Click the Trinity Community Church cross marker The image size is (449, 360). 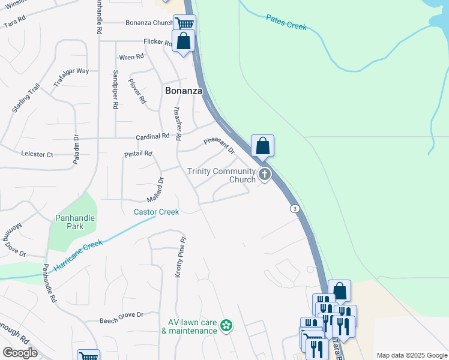pyautogui.click(x=265, y=175)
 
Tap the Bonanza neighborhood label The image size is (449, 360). pyautogui.click(x=184, y=91)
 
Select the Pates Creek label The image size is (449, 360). pyautogui.click(x=286, y=23)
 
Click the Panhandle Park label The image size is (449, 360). pyautogui.click(x=75, y=222)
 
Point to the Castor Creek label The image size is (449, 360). pyautogui.click(x=156, y=212)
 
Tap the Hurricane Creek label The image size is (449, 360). pyautogui.click(x=78, y=255)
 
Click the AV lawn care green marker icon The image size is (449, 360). pyautogui.click(x=226, y=326)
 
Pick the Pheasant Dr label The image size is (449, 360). pyautogui.click(x=218, y=146)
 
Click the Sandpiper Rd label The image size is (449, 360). pyautogui.click(x=115, y=89)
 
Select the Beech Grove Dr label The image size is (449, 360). pyautogui.click(x=122, y=314)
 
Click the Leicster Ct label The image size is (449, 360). pyautogui.click(x=37, y=154)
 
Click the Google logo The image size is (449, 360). pyautogui.click(x=20, y=352)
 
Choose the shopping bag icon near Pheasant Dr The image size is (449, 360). pyautogui.click(x=262, y=145)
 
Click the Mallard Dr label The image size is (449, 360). pyautogui.click(x=155, y=190)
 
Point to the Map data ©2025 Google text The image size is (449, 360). pyautogui.click(x=411, y=355)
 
